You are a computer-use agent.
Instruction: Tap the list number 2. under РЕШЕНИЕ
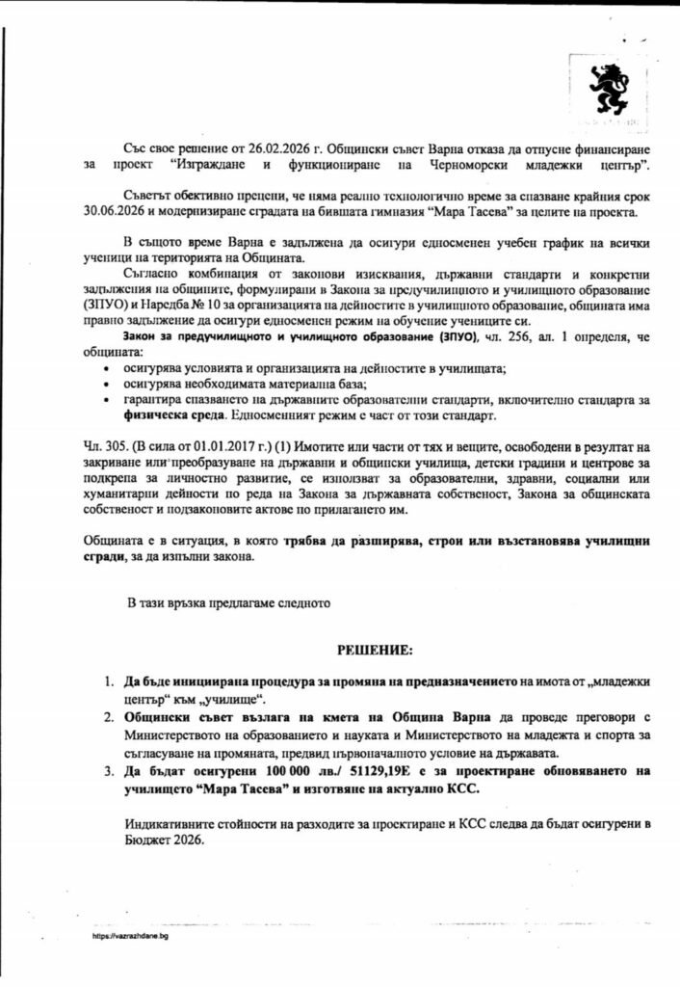[x=109, y=718]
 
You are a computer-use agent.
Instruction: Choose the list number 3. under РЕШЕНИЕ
[x=109, y=771]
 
